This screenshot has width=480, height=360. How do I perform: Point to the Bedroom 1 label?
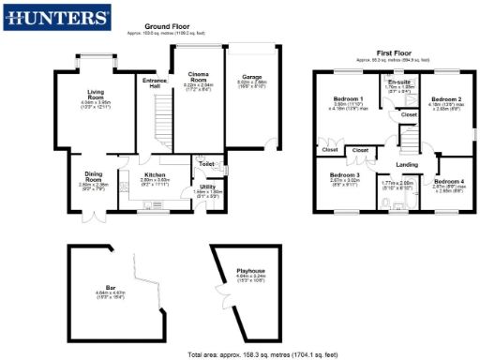(x=349, y=99)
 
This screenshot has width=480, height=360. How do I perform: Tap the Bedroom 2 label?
(x=446, y=97)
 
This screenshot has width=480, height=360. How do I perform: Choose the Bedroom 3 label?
(x=345, y=174)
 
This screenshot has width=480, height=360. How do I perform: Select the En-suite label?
(x=400, y=83)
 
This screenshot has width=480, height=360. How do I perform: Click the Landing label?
(x=407, y=165)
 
